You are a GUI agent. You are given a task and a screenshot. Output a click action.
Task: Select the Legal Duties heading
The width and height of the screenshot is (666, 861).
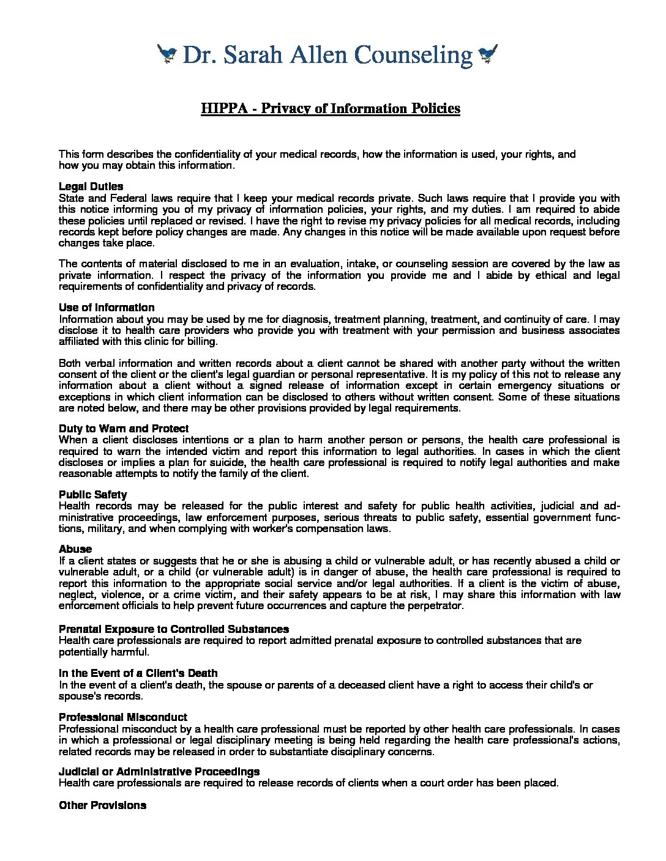(91, 187)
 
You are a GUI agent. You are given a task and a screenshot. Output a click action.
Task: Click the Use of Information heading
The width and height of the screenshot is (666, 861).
(107, 308)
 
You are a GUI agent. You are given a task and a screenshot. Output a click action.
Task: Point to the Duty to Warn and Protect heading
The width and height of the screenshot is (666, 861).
(124, 429)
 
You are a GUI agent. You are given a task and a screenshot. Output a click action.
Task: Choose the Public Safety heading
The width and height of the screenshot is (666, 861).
(93, 495)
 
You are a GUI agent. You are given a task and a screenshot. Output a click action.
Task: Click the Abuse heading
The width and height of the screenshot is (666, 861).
(75, 549)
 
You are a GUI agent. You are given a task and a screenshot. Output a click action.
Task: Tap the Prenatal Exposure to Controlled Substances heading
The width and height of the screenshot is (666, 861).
(174, 629)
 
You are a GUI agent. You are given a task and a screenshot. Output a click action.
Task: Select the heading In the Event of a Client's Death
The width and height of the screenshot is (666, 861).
(138, 673)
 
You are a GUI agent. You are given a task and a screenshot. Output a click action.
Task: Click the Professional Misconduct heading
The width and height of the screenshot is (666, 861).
(123, 717)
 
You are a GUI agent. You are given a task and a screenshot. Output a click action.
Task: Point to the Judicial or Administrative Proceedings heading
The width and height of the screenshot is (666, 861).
(159, 772)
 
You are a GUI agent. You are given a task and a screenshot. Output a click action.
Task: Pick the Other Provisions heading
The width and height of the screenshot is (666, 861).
(102, 805)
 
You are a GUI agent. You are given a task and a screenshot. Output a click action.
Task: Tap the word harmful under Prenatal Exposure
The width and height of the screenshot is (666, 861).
(130, 651)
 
